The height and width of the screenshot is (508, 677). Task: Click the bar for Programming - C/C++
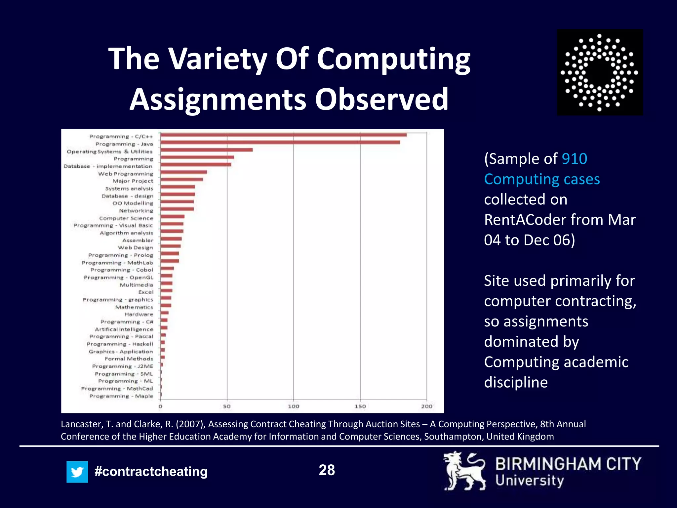pos(284,135)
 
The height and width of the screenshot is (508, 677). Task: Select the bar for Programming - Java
pos(280,143)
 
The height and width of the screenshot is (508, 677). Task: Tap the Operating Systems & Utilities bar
pos(207,150)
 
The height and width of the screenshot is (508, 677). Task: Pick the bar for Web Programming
pos(184,172)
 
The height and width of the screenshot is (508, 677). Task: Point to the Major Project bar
pos(182,180)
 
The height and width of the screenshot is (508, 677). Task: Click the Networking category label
pos(136,211)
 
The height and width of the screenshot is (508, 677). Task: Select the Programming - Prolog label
pos(121,255)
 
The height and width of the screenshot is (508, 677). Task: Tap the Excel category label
pos(146,292)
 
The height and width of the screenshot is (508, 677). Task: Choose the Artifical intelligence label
pos(124,329)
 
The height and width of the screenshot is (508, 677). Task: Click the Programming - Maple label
pos(121,396)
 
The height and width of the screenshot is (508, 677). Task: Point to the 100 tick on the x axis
pos(294,406)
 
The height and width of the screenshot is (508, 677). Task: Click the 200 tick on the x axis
pos(427,406)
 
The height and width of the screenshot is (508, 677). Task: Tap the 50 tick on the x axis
pos(227,406)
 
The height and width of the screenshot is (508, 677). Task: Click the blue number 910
pos(575,159)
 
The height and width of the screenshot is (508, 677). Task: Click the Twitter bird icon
pos(77,472)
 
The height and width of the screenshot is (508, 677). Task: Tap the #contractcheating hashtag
pos(151,472)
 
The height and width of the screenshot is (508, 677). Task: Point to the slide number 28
pos(327,470)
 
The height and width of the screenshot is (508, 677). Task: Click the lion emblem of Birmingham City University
pos(464,471)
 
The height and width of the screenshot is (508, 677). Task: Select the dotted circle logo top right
pos(600,72)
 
